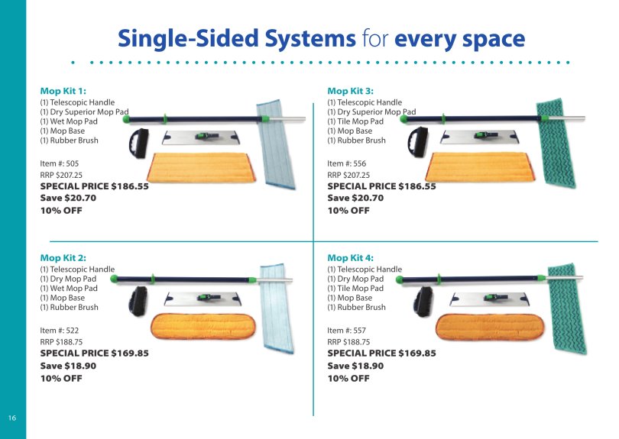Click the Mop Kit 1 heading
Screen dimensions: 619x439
(x=63, y=91)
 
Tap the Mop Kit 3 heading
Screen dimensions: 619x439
(x=350, y=91)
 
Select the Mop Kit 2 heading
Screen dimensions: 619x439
(x=63, y=258)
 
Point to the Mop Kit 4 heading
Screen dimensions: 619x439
(x=350, y=258)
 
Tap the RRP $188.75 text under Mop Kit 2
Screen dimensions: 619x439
(x=61, y=342)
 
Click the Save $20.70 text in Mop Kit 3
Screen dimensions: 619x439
(x=355, y=198)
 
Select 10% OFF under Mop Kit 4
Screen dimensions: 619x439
(x=348, y=378)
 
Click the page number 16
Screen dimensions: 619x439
(x=12, y=418)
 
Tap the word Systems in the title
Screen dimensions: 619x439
(x=310, y=39)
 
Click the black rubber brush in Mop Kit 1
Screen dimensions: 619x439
(x=139, y=143)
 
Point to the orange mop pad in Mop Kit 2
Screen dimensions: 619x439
(x=203, y=326)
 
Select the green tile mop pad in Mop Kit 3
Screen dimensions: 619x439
(x=556, y=143)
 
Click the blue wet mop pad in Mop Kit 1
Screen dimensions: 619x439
(x=276, y=144)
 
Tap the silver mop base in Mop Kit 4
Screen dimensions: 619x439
(x=488, y=299)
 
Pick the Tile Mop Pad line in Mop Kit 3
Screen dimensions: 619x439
(x=355, y=121)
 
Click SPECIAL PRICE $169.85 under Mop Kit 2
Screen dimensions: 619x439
(x=94, y=353)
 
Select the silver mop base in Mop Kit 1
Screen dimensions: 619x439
(x=201, y=137)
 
